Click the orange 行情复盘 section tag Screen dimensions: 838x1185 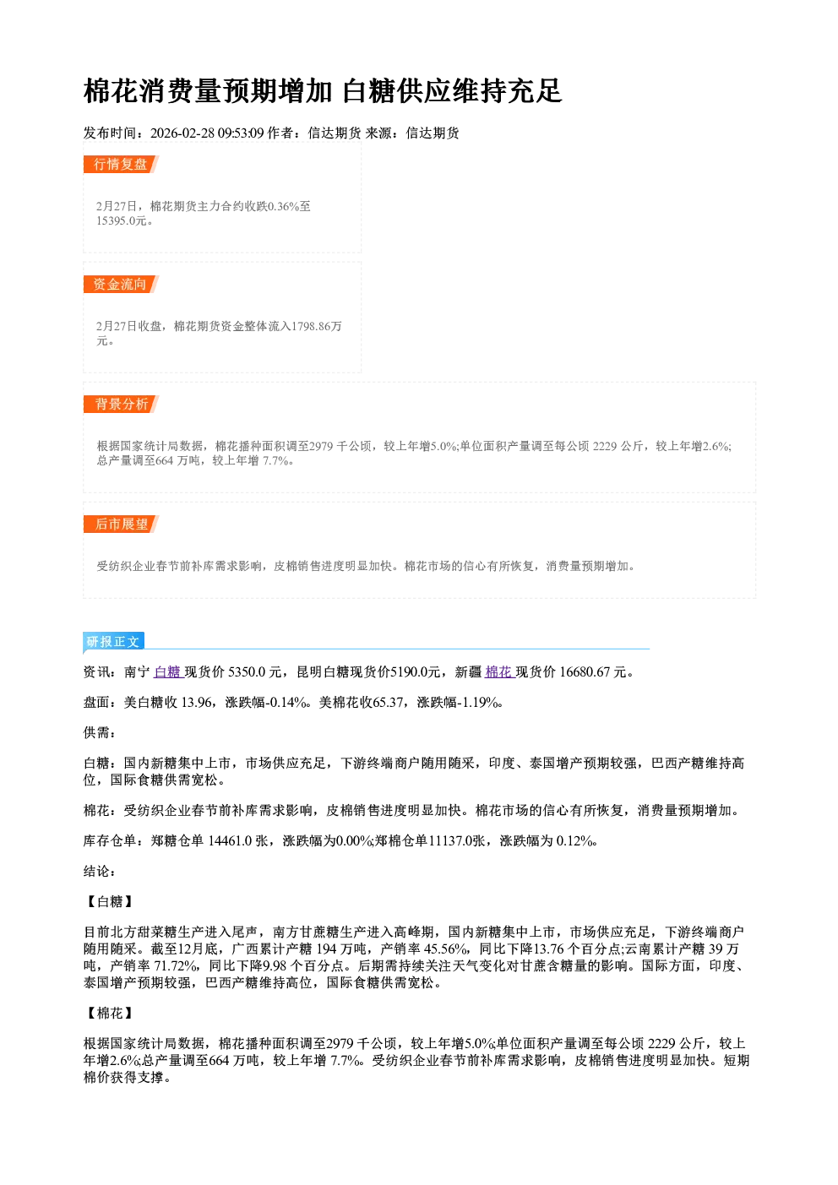click(x=121, y=164)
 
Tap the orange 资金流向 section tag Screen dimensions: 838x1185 click(x=121, y=284)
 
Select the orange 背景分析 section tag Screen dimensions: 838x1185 click(x=121, y=405)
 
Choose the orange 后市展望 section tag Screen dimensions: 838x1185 click(x=121, y=525)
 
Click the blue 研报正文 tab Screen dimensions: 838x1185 click(x=114, y=641)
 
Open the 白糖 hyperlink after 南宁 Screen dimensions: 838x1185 click(x=167, y=671)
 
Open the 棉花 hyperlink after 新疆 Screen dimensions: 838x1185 click(x=499, y=671)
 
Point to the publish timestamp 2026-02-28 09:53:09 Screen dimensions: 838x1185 click(x=207, y=133)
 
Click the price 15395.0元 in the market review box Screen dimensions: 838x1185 click(x=121, y=220)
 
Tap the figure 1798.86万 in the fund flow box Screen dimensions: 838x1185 click(x=317, y=326)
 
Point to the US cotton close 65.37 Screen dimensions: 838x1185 click(x=389, y=703)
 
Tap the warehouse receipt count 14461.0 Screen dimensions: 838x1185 click(x=230, y=840)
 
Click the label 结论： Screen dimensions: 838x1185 click(x=100, y=872)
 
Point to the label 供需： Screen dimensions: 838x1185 click(x=100, y=732)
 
